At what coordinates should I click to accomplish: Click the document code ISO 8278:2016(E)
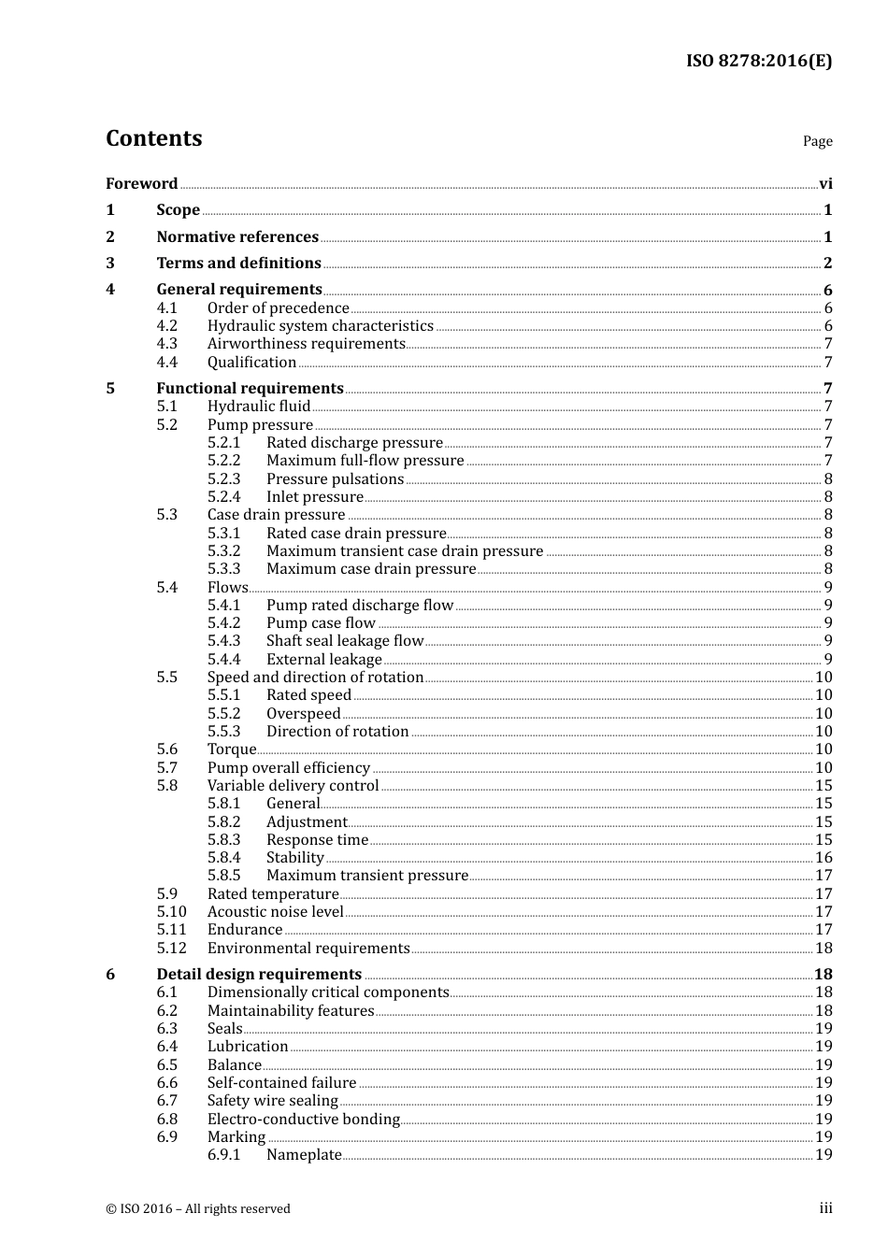758,61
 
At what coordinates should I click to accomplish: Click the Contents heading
153,138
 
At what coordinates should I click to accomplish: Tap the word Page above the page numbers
817,141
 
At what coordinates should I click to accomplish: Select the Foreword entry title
141,183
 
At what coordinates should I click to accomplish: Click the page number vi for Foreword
825,184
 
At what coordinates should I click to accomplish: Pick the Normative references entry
237,236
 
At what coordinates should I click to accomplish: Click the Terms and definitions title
238,263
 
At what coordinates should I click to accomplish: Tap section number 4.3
166,343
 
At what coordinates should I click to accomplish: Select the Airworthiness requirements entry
306,343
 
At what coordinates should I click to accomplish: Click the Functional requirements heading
250,388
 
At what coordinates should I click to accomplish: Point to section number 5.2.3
223,478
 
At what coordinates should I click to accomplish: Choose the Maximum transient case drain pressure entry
404,550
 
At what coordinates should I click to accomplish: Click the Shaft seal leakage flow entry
344,640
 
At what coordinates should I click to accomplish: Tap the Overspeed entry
303,713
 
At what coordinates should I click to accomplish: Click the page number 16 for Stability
824,857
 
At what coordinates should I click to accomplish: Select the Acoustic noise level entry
275,911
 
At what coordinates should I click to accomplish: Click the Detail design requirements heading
259,974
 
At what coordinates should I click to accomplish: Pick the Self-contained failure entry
281,1082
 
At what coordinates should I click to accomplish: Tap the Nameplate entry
304,1154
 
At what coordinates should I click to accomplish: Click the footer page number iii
825,1208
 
